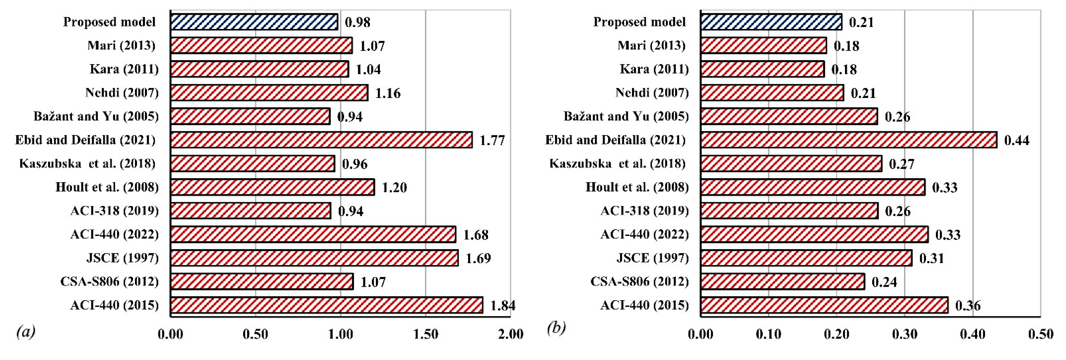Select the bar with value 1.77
321,140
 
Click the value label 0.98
357,22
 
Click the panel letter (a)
26,332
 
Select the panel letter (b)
556,328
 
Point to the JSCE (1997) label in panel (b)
653,258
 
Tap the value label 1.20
394,187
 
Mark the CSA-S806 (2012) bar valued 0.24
782,282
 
